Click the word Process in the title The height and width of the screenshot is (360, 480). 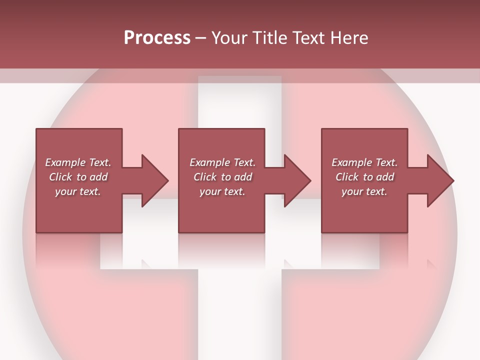pyautogui.click(x=157, y=38)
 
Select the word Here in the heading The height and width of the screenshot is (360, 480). pyautogui.click(x=349, y=38)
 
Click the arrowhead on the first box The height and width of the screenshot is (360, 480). pyautogui.click(x=154, y=180)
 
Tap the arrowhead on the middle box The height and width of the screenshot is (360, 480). pyautogui.click(x=297, y=180)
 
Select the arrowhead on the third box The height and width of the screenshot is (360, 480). pyautogui.click(x=440, y=180)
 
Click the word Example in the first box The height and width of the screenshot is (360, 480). pyautogui.click(x=65, y=162)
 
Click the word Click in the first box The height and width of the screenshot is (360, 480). pyautogui.click(x=60, y=177)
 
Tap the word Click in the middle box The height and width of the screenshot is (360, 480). pyautogui.click(x=204, y=177)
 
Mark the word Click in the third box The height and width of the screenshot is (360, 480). pyautogui.click(x=346, y=177)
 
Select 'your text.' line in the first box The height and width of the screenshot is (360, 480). pyautogui.click(x=78, y=191)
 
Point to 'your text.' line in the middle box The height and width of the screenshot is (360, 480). pyautogui.click(x=222, y=191)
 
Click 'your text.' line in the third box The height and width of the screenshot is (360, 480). pyautogui.click(x=364, y=191)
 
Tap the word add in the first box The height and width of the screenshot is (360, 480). pyautogui.click(x=98, y=177)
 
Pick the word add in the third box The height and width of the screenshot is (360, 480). pyautogui.click(x=385, y=177)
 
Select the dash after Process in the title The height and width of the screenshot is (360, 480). pyautogui.click(x=201, y=38)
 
